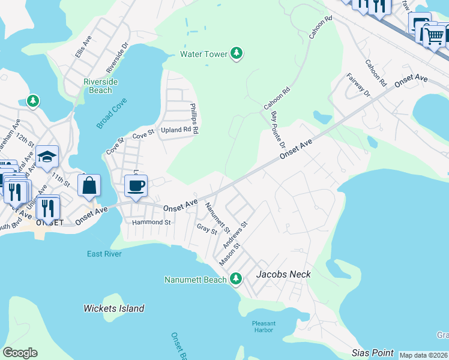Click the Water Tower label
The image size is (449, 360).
[x=204, y=54]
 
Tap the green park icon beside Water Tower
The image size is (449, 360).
[x=237, y=54]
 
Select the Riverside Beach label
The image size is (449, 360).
[x=98, y=86]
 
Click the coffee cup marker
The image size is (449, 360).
[x=136, y=185]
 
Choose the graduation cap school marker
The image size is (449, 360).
[x=47, y=157]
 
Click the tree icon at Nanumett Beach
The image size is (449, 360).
[x=236, y=278]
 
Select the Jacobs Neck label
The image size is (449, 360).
[x=283, y=274]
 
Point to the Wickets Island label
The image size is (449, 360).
[x=113, y=308]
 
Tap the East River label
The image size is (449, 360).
[x=104, y=254]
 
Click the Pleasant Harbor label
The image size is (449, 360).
[x=264, y=327]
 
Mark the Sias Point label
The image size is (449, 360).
[x=373, y=353]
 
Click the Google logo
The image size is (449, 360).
[x=20, y=353]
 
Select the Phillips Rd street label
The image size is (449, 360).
[x=194, y=118]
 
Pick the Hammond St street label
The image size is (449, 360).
[x=151, y=222]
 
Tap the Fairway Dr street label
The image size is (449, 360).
[x=358, y=85]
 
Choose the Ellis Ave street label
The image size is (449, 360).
[x=83, y=46]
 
